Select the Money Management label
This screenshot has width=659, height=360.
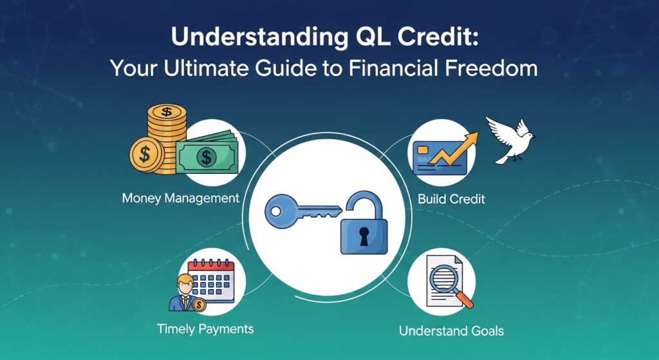[x=180, y=198]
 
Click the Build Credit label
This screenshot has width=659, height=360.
[x=451, y=198]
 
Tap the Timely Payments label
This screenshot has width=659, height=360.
[x=205, y=328]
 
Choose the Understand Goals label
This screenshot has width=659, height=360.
[x=451, y=331]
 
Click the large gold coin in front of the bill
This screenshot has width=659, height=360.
[x=146, y=155]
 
